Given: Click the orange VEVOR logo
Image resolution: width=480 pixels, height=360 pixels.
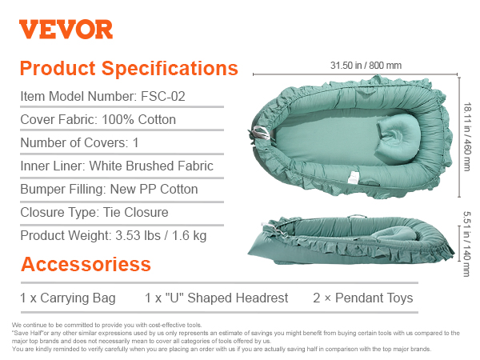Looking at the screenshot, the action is pyautogui.click(x=66, y=30).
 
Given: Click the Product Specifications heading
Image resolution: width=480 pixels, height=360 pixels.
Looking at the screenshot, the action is pyautogui.click(x=129, y=68).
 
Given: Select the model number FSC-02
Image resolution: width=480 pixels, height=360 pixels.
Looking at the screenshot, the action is pyautogui.click(x=163, y=97).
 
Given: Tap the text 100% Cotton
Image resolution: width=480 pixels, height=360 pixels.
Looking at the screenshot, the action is pyautogui.click(x=138, y=120).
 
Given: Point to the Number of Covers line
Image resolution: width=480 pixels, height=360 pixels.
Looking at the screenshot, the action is pyautogui.click(x=79, y=143).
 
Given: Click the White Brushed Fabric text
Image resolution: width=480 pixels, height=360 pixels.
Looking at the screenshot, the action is pyautogui.click(x=151, y=166).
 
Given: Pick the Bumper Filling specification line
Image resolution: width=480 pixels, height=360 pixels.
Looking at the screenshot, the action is pyautogui.click(x=109, y=189).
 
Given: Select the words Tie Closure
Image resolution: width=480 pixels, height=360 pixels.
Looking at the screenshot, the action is pyautogui.click(x=136, y=212).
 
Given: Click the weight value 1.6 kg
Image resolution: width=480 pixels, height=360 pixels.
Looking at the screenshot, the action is pyautogui.click(x=189, y=236).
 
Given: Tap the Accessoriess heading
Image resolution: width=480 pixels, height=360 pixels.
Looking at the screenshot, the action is pyautogui.click(x=86, y=264).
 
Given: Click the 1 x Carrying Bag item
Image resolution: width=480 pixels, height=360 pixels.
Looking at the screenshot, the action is pyautogui.click(x=68, y=298).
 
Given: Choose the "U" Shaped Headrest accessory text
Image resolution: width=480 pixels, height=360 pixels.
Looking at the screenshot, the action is pyautogui.click(x=217, y=298).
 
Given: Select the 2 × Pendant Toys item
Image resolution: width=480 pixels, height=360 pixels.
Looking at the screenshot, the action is pyautogui.click(x=363, y=298).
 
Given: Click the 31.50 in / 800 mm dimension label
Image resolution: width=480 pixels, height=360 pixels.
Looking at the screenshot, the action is pyautogui.click(x=366, y=66).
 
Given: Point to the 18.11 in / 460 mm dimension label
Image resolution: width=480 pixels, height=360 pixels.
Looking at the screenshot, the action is pyautogui.click(x=467, y=137).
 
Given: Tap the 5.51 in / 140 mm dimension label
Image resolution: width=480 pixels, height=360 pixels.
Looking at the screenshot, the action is pyautogui.click(x=466, y=244).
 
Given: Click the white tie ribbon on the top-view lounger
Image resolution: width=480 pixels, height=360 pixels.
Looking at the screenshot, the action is pyautogui.click(x=260, y=134).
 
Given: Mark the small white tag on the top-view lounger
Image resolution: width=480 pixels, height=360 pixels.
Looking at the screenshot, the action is pyautogui.click(x=354, y=178).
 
